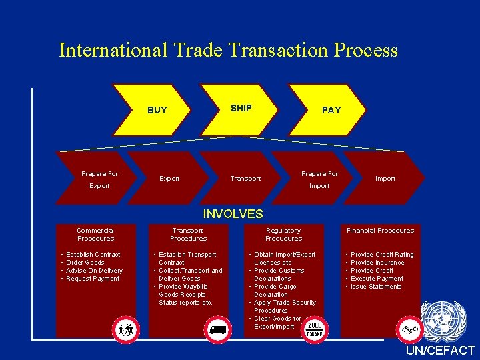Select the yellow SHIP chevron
pos(241,108)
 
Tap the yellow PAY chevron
pos(331,110)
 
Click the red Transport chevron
pos(245,179)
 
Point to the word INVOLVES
pos(233,214)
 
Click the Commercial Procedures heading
pos(95,234)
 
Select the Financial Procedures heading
pos(380,231)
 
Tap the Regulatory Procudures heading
pos(283,234)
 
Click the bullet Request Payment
pos(93,279)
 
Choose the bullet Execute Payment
pos(377,279)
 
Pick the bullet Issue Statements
pos(376,287)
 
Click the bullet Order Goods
pos(85,263)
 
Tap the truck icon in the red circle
pos(219,329)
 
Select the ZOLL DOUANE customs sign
pos(315,329)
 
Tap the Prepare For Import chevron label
pos(319,180)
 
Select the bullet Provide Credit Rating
pos(381,255)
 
